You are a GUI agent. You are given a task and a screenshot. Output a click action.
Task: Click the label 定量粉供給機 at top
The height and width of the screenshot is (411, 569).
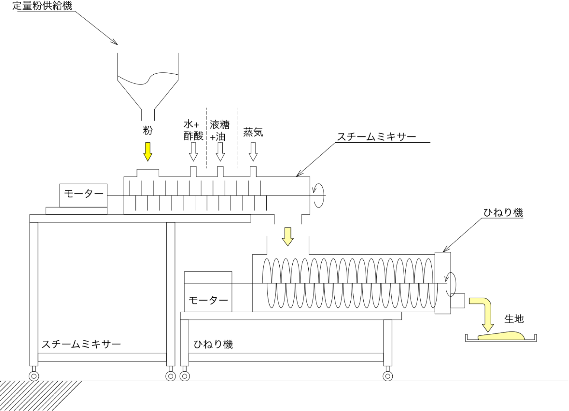(x=42, y=6)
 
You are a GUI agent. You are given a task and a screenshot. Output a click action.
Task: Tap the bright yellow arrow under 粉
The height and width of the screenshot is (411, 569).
(x=148, y=152)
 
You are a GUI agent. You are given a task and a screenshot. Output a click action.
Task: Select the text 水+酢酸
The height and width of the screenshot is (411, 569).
(x=193, y=130)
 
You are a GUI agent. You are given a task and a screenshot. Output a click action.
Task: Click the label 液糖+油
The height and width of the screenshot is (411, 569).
(x=219, y=130)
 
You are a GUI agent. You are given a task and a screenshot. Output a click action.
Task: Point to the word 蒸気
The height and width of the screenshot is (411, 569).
(x=253, y=132)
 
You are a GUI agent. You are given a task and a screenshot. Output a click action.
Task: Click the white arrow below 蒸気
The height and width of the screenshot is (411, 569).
(x=253, y=152)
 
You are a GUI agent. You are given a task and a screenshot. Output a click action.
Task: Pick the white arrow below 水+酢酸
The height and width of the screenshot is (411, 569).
(x=193, y=152)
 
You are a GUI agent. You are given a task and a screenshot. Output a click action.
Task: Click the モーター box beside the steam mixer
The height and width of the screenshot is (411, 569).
(x=83, y=195)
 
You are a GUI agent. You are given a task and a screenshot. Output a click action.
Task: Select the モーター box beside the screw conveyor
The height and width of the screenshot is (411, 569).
(x=208, y=292)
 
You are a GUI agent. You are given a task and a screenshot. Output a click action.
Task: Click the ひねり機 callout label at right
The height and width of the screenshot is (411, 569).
(x=503, y=213)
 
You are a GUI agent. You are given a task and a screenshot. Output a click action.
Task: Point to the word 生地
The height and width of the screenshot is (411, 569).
(x=514, y=319)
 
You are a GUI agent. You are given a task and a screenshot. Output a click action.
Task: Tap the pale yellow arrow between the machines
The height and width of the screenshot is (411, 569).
(x=287, y=236)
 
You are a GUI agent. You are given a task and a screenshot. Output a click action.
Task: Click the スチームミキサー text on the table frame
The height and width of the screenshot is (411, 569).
(x=81, y=344)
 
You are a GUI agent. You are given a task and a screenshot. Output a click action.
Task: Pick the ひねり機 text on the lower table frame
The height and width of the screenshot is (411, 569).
(x=213, y=344)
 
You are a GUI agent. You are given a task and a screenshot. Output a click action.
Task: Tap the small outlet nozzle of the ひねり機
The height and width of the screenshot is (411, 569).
(x=458, y=301)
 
